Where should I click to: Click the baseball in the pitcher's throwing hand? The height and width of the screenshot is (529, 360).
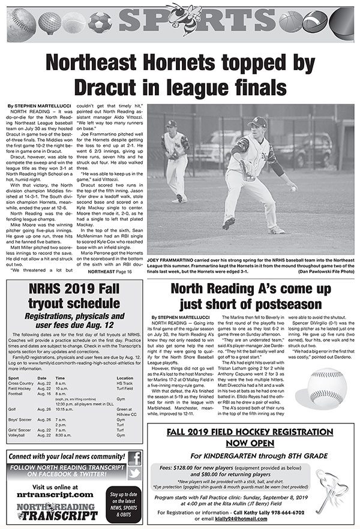coord(293,188)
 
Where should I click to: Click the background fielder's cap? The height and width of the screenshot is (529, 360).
coord(172,124)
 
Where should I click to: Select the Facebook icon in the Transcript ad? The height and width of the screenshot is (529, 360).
coord(134,458)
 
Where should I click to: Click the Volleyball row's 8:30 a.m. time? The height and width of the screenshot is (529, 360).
coord(64,435)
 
